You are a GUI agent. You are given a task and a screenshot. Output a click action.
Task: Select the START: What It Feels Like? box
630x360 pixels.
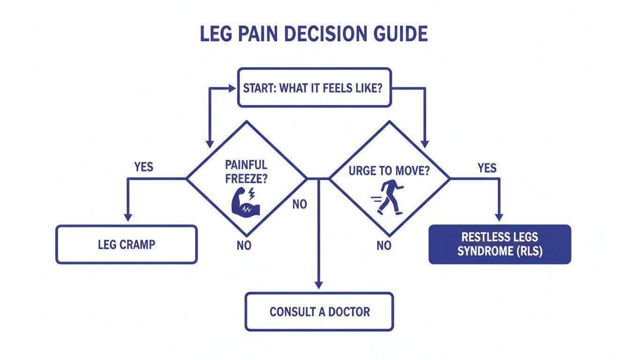point(314,88)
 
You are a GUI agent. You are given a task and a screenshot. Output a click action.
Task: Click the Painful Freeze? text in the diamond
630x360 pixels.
point(246,172)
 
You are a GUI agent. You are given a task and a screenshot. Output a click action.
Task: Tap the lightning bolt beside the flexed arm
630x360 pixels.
point(252,193)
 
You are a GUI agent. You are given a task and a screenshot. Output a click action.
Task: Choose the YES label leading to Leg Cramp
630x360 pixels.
point(143,167)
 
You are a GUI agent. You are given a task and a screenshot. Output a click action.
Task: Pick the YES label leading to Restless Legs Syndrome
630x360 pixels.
point(487,168)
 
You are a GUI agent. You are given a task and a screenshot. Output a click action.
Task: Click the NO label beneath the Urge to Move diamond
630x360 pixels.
point(384,246)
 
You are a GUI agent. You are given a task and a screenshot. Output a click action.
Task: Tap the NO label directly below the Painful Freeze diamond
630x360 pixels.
point(244,246)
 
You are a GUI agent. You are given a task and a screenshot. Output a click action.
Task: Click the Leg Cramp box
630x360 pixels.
point(127,244)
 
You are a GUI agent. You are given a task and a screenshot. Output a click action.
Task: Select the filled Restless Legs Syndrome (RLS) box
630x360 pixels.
point(500,244)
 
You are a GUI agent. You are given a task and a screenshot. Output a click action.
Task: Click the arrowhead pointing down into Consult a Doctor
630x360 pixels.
point(319,284)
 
